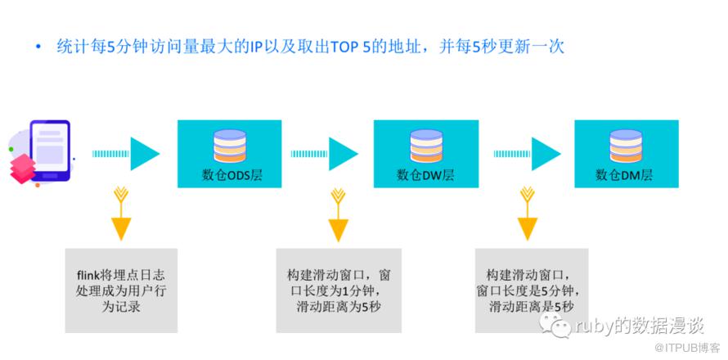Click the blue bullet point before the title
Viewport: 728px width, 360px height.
coord(38,47)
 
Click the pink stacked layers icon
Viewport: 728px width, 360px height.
coord(22,168)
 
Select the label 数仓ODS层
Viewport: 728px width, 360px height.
coord(231,175)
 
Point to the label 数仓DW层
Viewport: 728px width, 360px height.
coord(425,175)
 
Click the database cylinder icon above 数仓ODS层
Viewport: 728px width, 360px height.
coord(230,146)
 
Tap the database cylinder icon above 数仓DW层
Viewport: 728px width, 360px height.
coord(426,146)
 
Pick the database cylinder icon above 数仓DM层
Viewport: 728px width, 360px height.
coord(625,146)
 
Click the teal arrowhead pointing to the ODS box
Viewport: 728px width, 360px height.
coord(144,154)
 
